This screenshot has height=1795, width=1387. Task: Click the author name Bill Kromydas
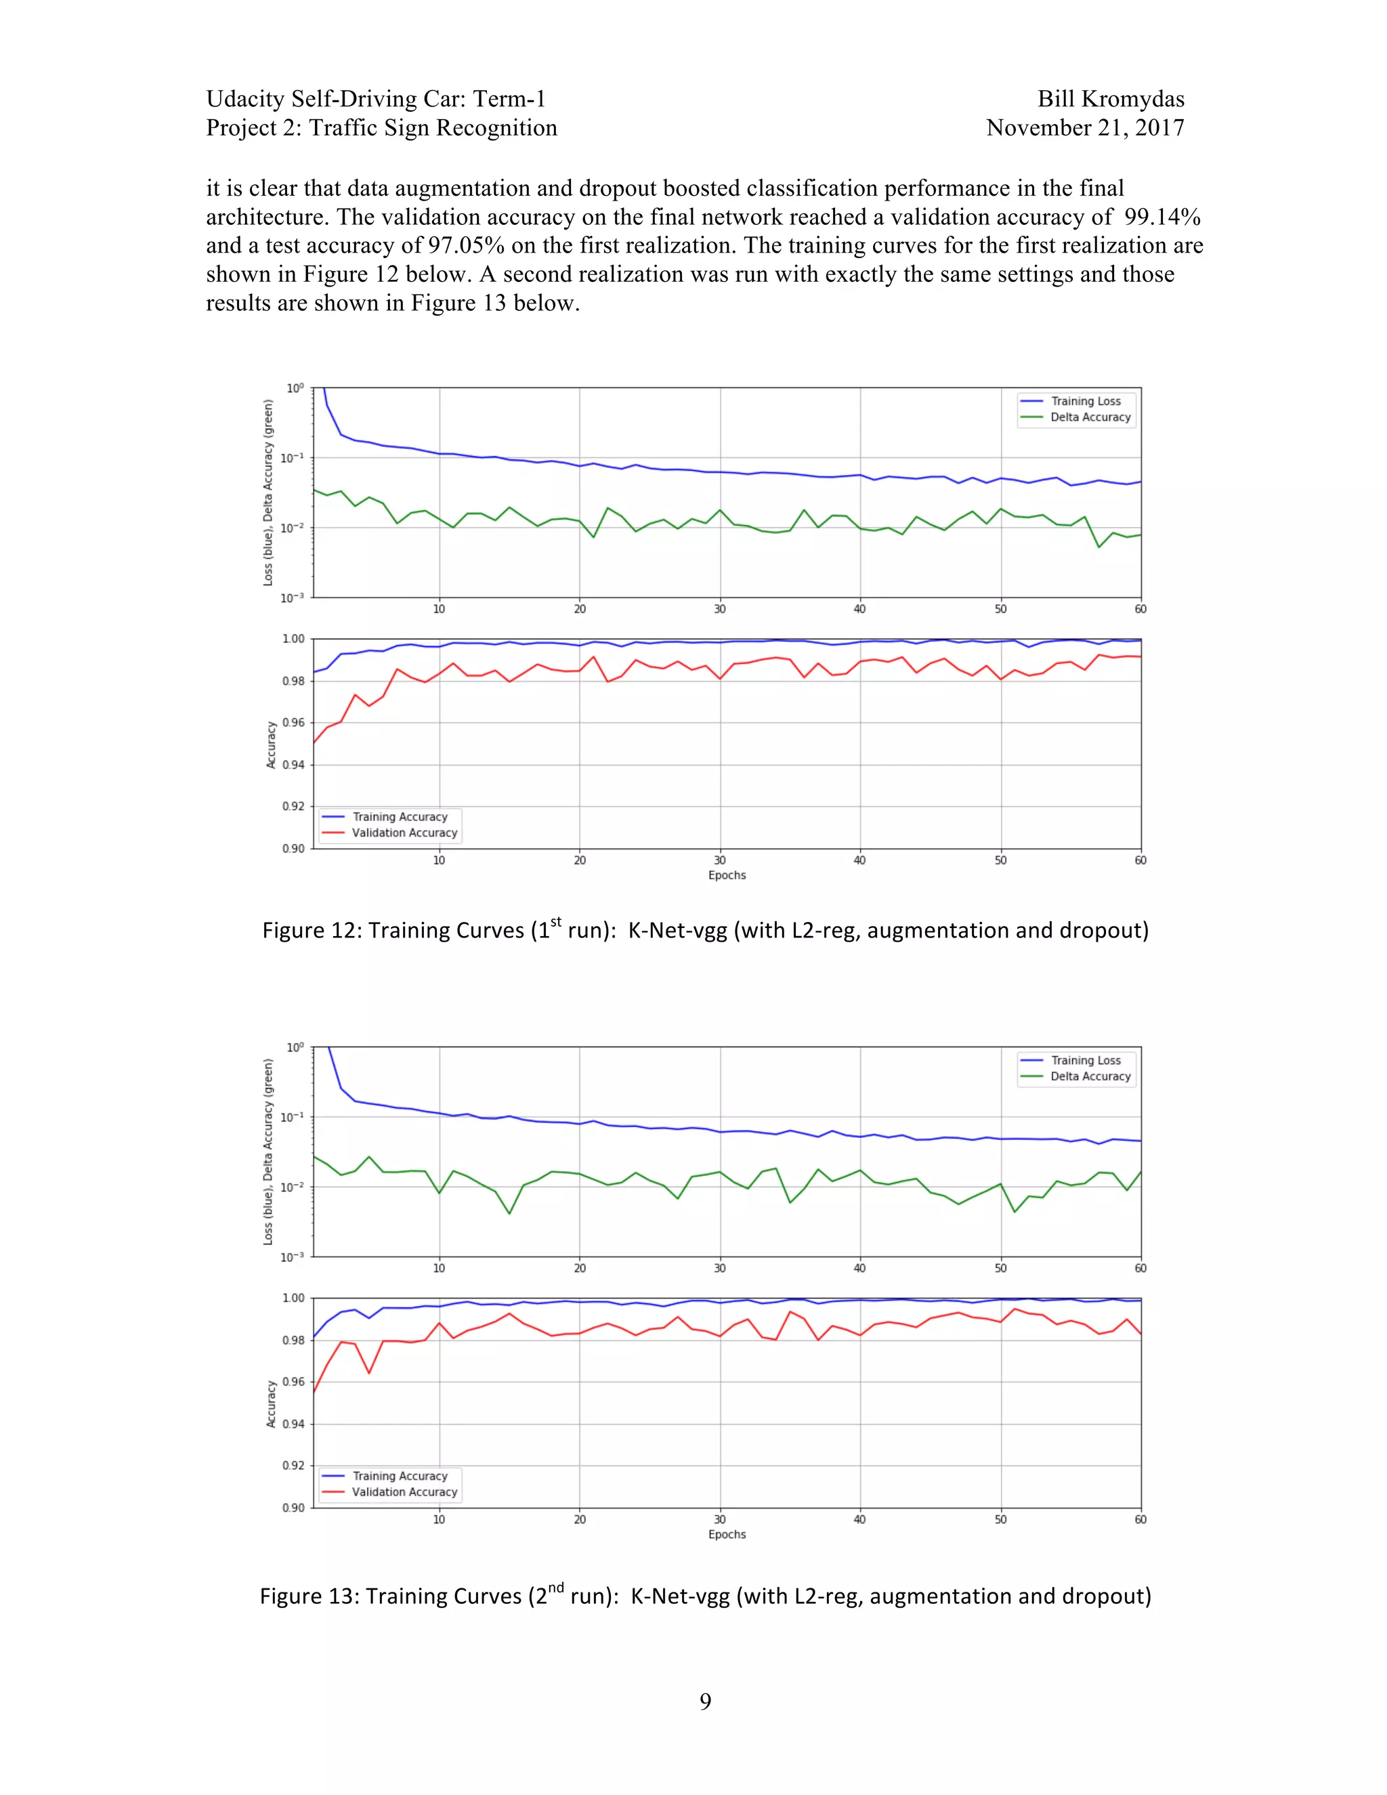(1110, 100)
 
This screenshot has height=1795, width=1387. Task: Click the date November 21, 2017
(1085, 128)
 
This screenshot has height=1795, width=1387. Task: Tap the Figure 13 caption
(705, 1596)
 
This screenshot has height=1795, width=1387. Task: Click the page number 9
(705, 1702)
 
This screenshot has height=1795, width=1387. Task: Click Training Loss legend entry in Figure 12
(1086, 401)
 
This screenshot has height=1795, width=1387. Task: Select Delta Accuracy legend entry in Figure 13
(1090, 1077)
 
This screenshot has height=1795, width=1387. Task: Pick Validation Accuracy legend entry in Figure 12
(404, 832)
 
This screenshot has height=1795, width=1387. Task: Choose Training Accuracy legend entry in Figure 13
(400, 1476)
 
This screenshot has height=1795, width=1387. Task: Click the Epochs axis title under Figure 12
(727, 875)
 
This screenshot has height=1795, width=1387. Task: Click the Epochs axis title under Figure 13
(727, 1534)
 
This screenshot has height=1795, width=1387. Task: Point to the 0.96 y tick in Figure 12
(293, 723)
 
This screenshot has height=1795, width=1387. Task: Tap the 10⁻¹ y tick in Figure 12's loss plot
(292, 458)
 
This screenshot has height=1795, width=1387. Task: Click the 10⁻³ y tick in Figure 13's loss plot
(292, 1256)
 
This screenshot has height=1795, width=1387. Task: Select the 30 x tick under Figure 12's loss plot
(720, 609)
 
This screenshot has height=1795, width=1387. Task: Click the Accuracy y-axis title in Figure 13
(271, 1403)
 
